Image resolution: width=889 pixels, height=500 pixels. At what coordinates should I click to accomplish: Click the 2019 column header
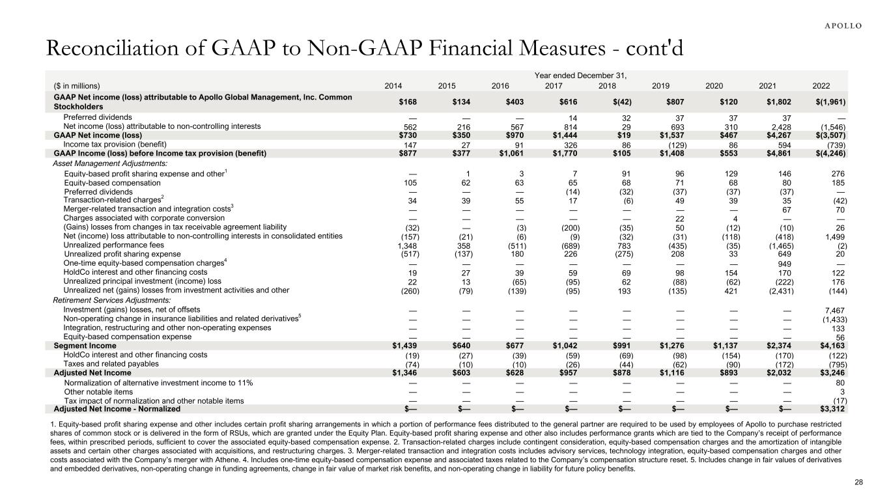pyautogui.click(x=661, y=85)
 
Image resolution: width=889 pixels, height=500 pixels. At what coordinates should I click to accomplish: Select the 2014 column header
pyautogui.click(x=393, y=85)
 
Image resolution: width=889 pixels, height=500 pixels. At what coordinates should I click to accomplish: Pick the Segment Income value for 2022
pyautogui.click(x=835, y=346)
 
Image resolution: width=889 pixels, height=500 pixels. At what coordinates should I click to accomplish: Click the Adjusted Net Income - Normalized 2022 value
pyautogui.click(x=835, y=410)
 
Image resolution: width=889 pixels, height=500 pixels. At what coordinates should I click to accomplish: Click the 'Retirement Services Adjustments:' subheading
pyautogui.click(x=111, y=299)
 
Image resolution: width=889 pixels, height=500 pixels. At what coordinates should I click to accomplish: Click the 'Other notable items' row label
pyautogui.click(x=98, y=391)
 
